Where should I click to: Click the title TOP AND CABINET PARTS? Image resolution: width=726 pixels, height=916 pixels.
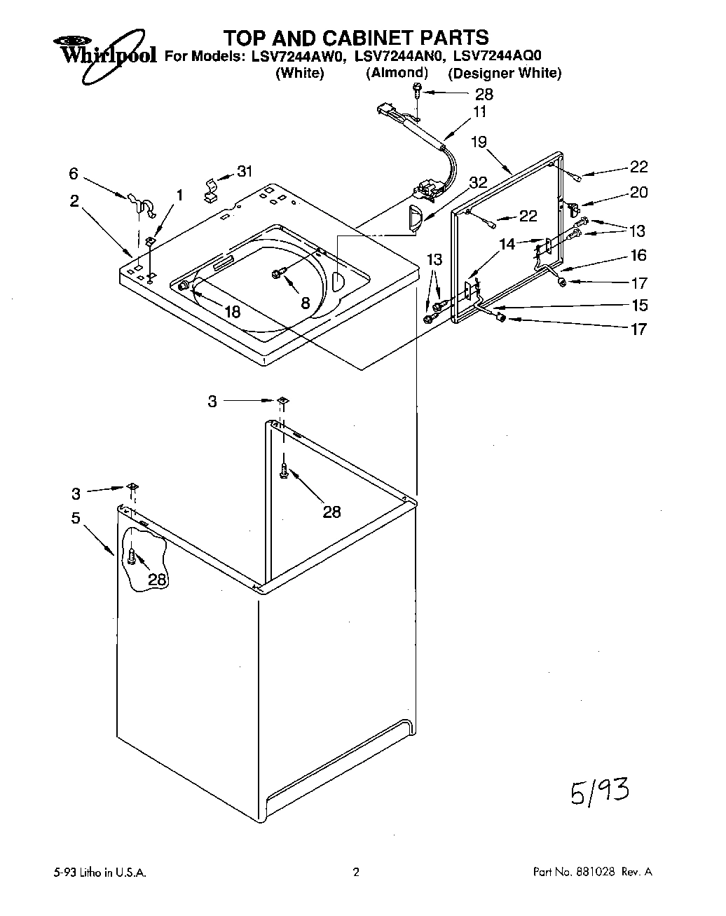click(355, 36)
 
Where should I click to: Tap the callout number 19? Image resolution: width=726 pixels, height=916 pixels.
click(479, 142)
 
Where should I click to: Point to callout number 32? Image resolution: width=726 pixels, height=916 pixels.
click(477, 182)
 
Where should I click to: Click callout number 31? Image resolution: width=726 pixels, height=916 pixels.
click(245, 170)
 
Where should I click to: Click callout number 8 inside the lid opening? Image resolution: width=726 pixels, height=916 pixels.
click(304, 303)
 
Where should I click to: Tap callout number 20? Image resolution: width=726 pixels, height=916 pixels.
click(638, 192)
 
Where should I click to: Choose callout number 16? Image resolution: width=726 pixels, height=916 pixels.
click(638, 255)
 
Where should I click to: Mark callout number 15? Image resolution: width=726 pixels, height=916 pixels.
click(638, 306)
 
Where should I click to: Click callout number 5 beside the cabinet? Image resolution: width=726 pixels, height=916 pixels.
click(75, 519)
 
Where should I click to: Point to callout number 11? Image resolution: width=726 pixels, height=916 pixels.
click(479, 111)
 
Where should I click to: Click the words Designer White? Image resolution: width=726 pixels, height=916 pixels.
click(505, 73)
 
